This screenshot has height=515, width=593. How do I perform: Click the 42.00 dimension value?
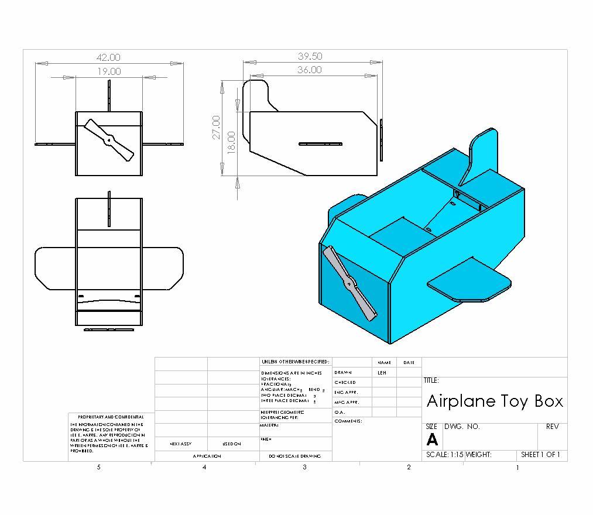[108, 57]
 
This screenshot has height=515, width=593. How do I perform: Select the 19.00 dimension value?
[109, 71]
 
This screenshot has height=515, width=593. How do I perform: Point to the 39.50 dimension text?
[310, 56]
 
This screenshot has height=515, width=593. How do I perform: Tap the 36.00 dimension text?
[309, 70]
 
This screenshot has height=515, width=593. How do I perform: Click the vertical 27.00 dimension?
[216, 127]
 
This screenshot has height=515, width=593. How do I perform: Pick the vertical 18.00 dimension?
[231, 141]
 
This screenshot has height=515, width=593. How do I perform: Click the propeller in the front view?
[109, 140]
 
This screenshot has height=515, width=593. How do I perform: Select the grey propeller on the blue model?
[350, 284]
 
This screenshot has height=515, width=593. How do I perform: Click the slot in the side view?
[320, 143]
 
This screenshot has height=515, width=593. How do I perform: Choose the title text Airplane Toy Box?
[495, 401]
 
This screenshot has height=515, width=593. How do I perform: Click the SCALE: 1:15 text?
[445, 455]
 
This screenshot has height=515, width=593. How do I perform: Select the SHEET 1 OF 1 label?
[540, 455]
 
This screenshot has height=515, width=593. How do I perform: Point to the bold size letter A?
[432, 440]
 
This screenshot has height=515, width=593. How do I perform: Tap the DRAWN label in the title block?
[344, 372]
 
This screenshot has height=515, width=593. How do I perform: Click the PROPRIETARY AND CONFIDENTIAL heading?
[111, 417]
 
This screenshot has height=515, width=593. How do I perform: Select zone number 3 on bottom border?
[304, 467]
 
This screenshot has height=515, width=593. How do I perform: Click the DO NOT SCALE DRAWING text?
[295, 456]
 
